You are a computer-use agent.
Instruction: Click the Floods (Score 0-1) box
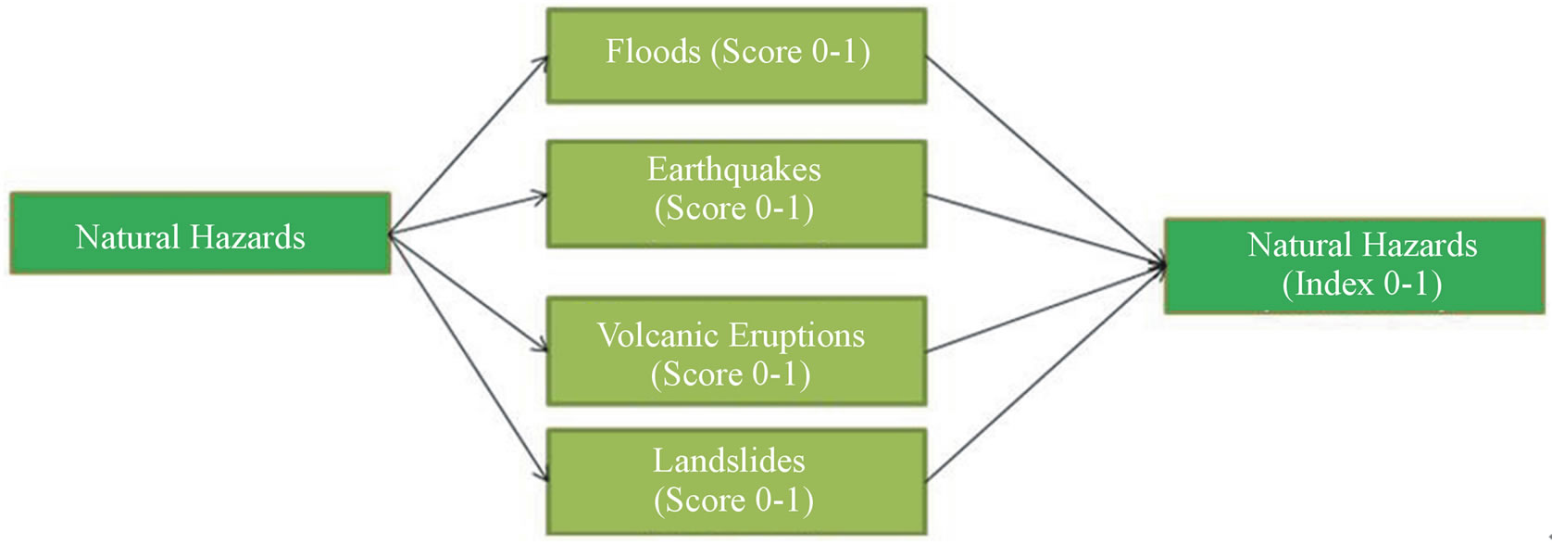(x=736, y=56)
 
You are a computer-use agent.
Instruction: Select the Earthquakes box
(x=736, y=194)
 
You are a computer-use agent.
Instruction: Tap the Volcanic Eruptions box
(x=736, y=350)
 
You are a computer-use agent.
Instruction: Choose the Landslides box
(x=736, y=481)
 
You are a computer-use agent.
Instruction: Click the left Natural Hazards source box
(x=200, y=234)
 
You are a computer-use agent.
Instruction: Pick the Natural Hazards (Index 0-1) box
(x=1354, y=266)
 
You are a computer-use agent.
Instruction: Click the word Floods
(x=653, y=52)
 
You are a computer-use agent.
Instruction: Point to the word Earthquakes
(x=733, y=170)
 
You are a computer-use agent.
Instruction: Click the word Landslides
(x=729, y=461)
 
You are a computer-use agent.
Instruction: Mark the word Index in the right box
(x=1333, y=284)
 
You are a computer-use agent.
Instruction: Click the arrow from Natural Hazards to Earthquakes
(x=468, y=214)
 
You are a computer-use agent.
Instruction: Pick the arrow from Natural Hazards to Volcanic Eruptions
(x=468, y=292)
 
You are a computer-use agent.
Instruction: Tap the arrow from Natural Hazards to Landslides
(x=468, y=357)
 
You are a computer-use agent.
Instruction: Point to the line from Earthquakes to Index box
(x=1045, y=230)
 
